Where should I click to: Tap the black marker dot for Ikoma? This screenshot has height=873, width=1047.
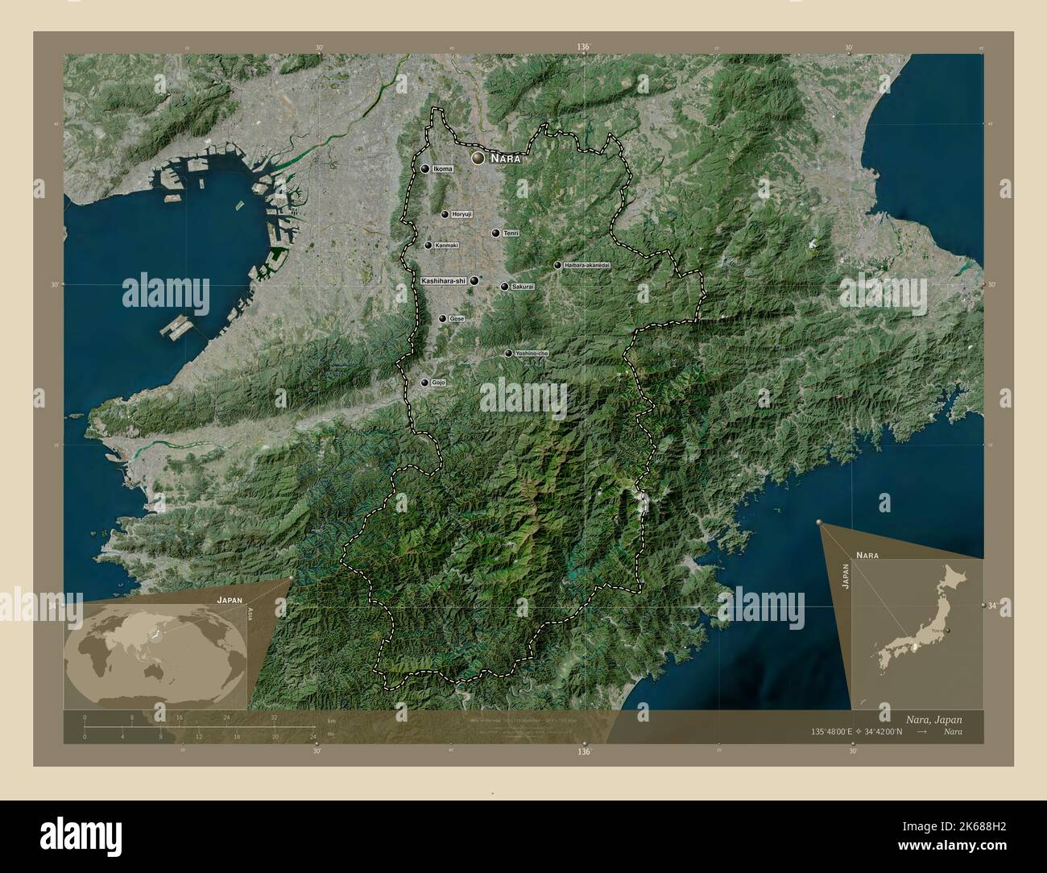tap(425, 169)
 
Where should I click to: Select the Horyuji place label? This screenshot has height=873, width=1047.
tap(461, 214)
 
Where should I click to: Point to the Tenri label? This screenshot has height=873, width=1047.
tap(511, 234)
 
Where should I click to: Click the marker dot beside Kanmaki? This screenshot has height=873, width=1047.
tap(428, 246)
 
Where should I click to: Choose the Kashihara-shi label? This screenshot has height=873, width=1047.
tap(444, 280)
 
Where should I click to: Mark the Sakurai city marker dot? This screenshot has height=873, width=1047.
tap(504, 287)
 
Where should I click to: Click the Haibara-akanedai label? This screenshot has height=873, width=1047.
tap(588, 265)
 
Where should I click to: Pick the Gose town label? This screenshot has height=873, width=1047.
tap(457, 319)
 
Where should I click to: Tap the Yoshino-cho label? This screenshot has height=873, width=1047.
tap(532, 354)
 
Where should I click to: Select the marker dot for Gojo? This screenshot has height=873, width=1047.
tap(424, 383)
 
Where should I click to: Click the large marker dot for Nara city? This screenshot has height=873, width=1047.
tap(478, 159)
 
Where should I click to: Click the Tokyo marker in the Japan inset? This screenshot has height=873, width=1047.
tap(947, 631)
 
